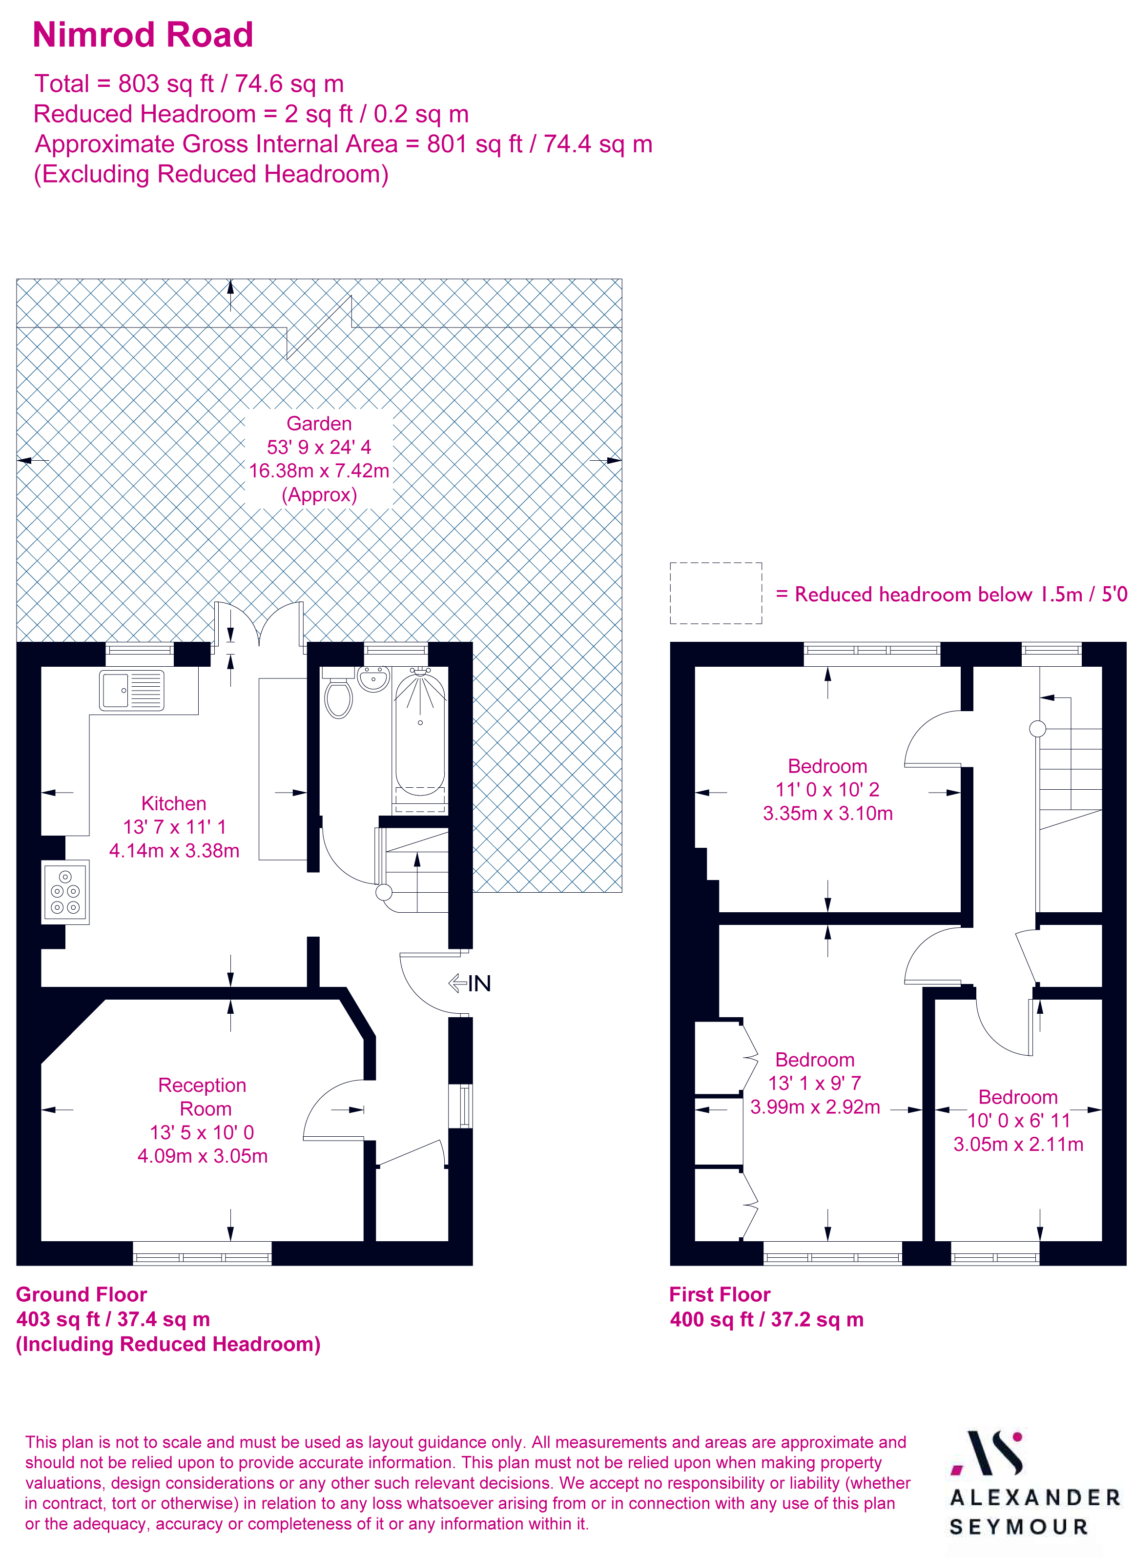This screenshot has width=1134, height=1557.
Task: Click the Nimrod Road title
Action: click(x=143, y=35)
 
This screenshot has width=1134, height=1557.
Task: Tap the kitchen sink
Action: click(x=132, y=690)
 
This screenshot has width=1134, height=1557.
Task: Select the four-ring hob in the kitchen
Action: click(x=66, y=892)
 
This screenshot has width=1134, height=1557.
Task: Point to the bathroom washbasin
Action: click(x=373, y=678)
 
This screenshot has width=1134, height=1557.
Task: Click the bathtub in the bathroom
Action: click(x=419, y=735)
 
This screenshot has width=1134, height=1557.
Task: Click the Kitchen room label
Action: click(x=174, y=803)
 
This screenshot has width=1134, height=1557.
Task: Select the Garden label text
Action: click(x=319, y=424)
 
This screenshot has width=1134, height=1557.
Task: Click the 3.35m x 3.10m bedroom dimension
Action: click(x=828, y=814)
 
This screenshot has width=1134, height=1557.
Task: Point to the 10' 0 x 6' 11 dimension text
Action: click(x=1019, y=1120)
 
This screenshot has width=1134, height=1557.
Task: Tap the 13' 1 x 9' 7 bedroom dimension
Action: click(x=815, y=1083)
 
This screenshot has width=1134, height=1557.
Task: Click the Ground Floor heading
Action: click(x=82, y=1295)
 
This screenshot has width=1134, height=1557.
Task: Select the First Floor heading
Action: click(x=720, y=1295)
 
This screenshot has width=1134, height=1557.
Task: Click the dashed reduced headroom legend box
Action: click(x=716, y=593)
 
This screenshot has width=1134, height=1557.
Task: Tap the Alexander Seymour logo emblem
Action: click(x=989, y=1454)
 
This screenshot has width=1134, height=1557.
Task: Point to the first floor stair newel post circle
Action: click(x=1038, y=728)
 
